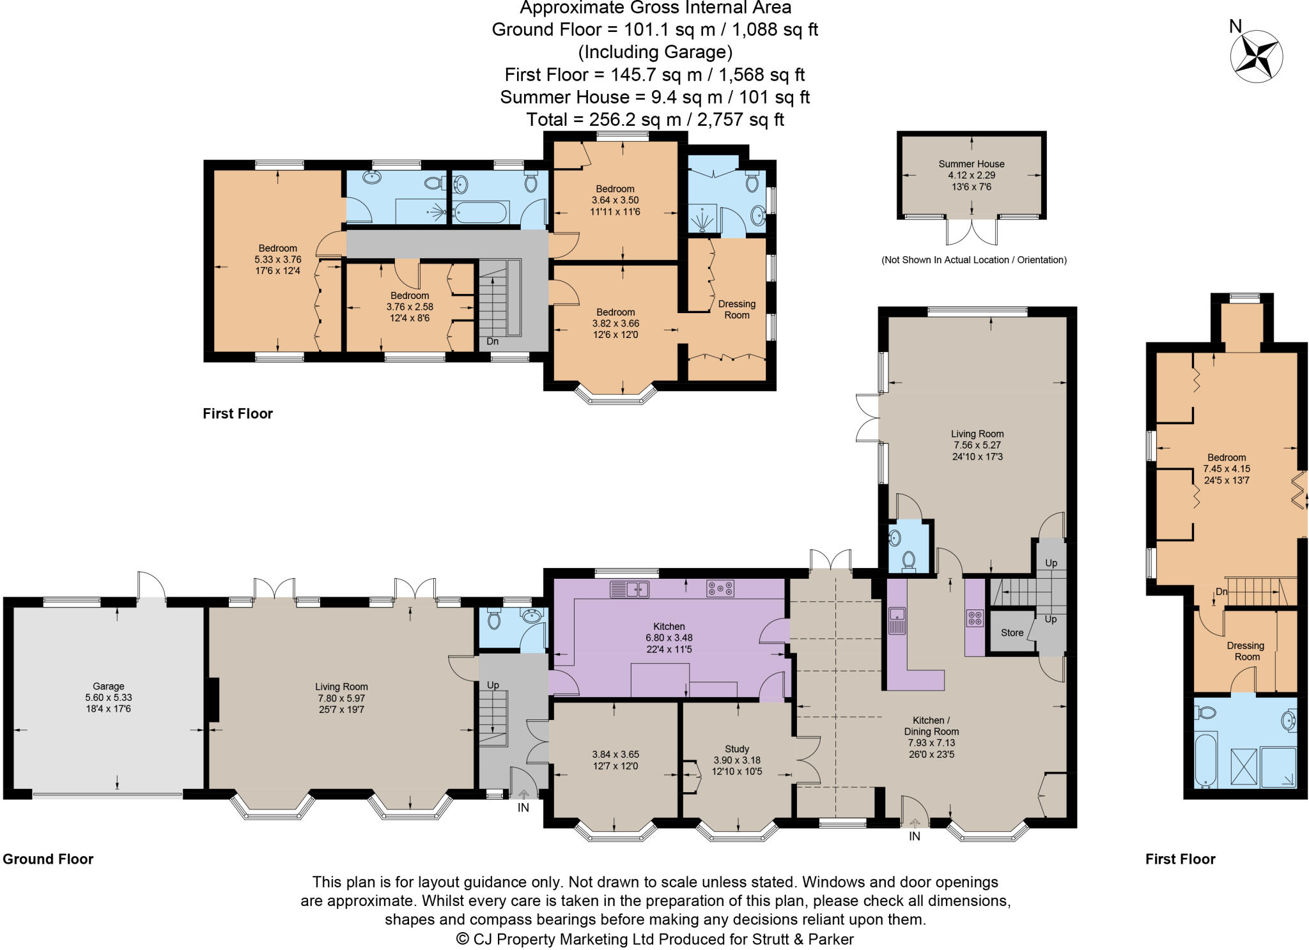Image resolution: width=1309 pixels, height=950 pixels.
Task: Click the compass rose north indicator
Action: (1235, 26)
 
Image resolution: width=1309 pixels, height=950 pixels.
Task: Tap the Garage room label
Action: (108, 686)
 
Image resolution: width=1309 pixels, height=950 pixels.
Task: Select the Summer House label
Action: (971, 164)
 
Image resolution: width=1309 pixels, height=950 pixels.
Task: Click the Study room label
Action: (737, 749)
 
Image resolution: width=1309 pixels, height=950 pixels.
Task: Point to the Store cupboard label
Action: (1012, 632)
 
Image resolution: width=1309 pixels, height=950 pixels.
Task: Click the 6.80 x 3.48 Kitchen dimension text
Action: (669, 638)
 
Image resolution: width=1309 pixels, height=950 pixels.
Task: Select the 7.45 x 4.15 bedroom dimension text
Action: (1226, 468)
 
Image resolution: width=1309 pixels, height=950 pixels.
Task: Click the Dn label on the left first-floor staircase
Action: (492, 341)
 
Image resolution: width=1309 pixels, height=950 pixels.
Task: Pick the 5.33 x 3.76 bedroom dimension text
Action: (277, 259)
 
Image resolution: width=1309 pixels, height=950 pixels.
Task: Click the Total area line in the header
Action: (654, 119)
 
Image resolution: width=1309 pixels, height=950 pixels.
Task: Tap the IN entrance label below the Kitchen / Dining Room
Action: (915, 836)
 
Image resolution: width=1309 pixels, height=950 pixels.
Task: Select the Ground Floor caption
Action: (48, 859)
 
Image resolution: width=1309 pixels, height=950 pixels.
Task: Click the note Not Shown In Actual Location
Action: (973, 260)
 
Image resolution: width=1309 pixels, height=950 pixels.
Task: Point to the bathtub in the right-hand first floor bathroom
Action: (1207, 761)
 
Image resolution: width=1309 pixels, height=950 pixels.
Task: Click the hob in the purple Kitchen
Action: (720, 588)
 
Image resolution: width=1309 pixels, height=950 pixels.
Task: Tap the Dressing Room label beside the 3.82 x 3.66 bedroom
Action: (736, 309)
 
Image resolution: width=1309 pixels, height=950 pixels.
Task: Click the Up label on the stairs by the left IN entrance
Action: (493, 685)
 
